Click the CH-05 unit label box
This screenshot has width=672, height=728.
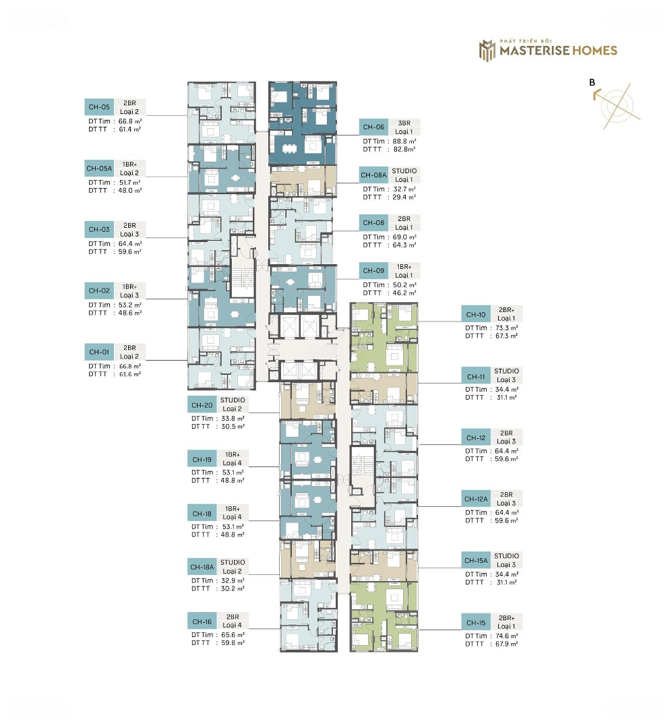[99, 107]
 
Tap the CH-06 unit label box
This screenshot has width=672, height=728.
[373, 127]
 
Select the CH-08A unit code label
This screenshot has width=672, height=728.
[373, 175]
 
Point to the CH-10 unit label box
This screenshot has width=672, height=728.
[476, 314]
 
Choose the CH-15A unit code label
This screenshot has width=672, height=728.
[476, 560]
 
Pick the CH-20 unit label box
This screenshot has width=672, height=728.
[202, 405]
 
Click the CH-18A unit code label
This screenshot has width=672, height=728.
[202, 567]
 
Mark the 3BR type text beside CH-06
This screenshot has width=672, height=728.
[404, 123]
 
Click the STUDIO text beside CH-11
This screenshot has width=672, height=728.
[507, 371]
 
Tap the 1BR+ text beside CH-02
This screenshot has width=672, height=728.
[129, 287]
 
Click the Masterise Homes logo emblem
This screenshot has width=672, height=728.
[487, 50]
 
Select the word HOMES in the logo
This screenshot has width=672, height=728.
[594, 50]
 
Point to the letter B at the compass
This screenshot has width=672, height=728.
[592, 82]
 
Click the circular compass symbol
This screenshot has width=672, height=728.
[617, 105]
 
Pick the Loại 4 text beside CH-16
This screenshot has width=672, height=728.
[233, 625]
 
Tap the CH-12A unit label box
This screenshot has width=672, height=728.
[476, 499]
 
